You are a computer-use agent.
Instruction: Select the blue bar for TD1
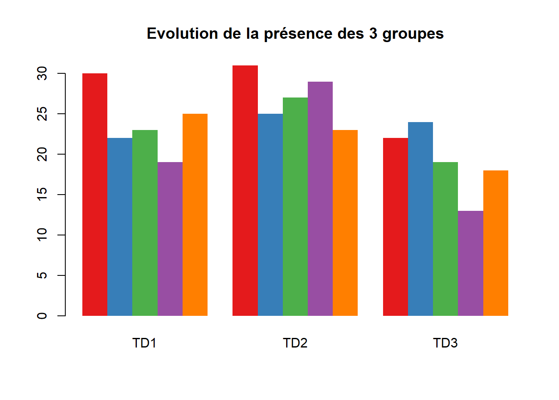coord(120,227)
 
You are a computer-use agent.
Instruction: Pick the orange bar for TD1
coord(195,215)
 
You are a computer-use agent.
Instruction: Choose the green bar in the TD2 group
coord(295,207)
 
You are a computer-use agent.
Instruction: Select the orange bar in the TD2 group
coord(345,223)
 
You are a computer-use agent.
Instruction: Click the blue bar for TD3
coord(420,219)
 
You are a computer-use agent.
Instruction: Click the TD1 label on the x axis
coord(144,343)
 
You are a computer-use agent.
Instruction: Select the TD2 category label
coord(295,343)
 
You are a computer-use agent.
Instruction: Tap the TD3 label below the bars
coord(445,343)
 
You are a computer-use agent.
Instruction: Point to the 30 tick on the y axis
coord(42,74)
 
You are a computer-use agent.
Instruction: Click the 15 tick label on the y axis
coord(42,195)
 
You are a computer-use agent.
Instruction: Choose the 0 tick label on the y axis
coord(42,316)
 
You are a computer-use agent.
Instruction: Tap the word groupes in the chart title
coord(413,34)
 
